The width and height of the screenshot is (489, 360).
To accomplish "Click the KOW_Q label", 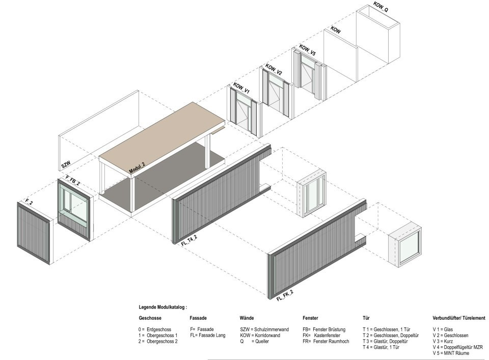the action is tap(381, 7).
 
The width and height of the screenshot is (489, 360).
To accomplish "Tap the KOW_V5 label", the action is tap(307, 50).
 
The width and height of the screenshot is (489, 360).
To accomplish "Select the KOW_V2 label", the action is tap(274, 69).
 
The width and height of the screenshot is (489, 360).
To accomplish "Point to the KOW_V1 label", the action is tap(241, 88).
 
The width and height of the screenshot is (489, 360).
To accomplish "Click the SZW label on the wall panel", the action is tap(66, 164).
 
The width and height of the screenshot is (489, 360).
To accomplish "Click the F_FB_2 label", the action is tap(72, 181).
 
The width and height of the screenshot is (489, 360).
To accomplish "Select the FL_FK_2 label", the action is tap(284, 295).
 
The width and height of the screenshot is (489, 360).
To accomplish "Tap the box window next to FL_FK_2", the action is tap(404, 245).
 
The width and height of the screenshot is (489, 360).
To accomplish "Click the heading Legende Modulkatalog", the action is tap(163, 308).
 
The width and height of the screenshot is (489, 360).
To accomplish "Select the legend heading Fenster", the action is tap(310, 318).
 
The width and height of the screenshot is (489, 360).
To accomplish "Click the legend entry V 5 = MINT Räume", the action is tap(451, 353).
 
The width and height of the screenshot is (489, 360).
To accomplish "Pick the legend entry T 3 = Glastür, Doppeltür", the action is tap(385, 341).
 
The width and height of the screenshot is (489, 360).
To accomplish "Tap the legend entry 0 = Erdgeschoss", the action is tap(155, 329).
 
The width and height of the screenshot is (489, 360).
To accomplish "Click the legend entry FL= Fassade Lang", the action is tap(208, 336).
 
